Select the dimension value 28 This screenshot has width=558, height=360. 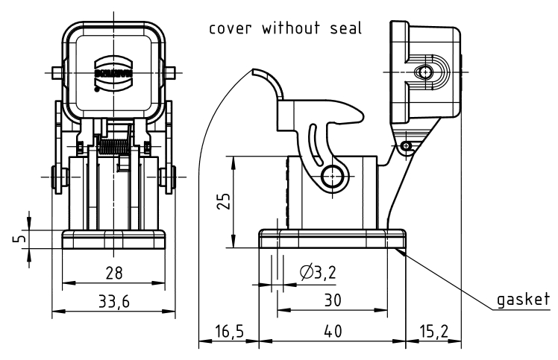(x=113, y=273)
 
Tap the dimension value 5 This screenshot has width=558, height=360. (x=21, y=240)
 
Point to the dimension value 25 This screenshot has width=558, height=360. (x=222, y=202)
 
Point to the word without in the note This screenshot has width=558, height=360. (x=293, y=30)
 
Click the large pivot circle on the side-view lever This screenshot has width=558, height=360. (x=333, y=176)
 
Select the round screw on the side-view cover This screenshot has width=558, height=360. (x=424, y=72)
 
